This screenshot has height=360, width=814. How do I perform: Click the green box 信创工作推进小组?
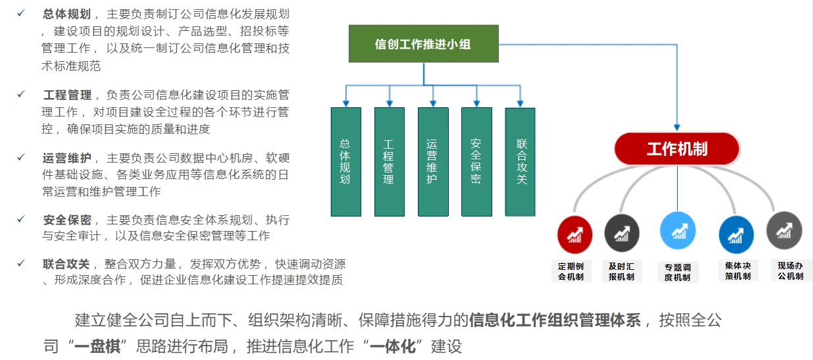(x=423, y=43)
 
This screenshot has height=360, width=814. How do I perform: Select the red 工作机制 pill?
(x=677, y=149)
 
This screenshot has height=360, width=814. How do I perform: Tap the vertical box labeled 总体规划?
(x=346, y=162)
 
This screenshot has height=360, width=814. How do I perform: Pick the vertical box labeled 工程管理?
(x=389, y=162)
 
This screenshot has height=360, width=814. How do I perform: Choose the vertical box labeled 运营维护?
(x=433, y=162)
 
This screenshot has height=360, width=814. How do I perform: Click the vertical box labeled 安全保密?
(x=476, y=162)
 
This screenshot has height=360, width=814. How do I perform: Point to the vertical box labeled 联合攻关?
(x=520, y=162)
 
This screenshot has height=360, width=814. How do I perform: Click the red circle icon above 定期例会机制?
(x=575, y=235)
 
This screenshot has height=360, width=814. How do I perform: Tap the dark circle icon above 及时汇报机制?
(x=622, y=233)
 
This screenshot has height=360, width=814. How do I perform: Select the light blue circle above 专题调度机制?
(x=678, y=230)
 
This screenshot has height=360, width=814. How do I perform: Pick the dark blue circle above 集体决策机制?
(x=736, y=235)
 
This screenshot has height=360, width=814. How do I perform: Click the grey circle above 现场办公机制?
(x=784, y=230)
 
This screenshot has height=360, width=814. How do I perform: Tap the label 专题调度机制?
(x=678, y=272)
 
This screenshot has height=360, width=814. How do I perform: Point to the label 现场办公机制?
(x=790, y=271)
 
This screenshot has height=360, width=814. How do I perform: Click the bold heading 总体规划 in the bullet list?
(x=67, y=14)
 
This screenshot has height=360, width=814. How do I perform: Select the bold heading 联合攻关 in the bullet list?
(x=66, y=264)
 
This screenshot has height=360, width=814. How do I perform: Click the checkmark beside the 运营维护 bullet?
(x=21, y=157)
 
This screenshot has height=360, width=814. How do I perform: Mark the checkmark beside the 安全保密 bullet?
(x=21, y=219)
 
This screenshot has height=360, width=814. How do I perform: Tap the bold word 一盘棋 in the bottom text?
(x=97, y=346)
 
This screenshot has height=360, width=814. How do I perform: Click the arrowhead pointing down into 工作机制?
(x=676, y=128)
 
